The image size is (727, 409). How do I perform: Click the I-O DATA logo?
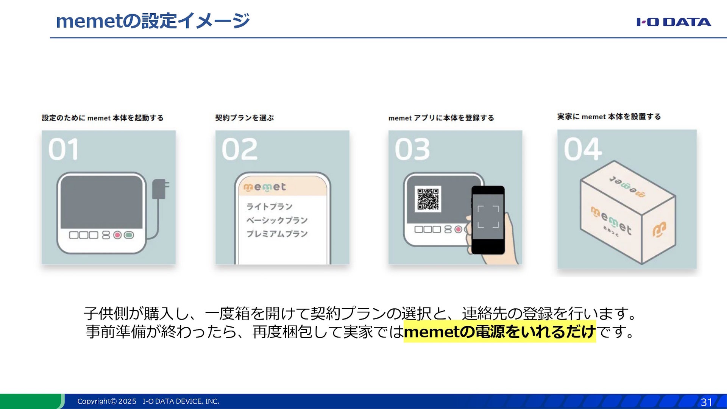tap(673, 22)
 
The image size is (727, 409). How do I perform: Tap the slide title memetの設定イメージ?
tap(153, 21)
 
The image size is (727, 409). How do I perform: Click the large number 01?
tap(64, 149)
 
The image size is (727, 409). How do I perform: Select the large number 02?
tap(240, 149)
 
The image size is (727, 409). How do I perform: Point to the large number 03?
tap(412, 149)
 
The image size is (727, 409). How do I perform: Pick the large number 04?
tap(583, 149)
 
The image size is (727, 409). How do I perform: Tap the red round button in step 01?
tap(117, 235)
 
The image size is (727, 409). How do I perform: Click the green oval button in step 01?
tap(129, 235)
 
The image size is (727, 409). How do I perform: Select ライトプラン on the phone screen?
tap(269, 207)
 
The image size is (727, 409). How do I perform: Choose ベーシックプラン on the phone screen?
tap(277, 220)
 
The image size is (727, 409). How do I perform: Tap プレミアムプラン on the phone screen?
tap(277, 234)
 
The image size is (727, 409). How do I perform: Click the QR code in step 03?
tap(428, 199)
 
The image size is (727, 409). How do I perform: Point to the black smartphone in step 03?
tap(488, 220)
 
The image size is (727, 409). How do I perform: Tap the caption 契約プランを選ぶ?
tap(244, 118)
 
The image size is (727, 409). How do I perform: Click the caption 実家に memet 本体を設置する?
tap(609, 117)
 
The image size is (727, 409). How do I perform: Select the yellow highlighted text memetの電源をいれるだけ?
tap(499, 332)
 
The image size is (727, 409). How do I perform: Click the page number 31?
tap(707, 402)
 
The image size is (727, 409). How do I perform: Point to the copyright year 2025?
tap(127, 401)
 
